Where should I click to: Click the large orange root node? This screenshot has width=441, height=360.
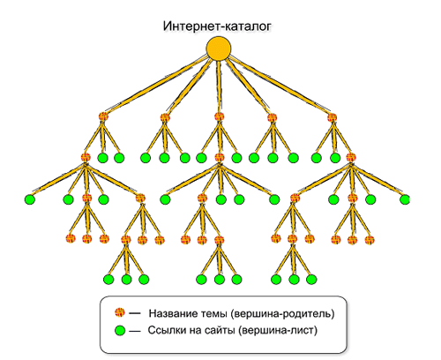point(219,49)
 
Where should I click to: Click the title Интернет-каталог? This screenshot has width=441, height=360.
point(217,26)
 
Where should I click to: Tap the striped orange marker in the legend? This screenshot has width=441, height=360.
point(120,312)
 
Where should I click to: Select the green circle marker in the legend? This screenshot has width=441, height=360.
point(120,331)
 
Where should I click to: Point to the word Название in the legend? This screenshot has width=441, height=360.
point(173,313)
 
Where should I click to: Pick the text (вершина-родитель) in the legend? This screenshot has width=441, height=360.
point(282,314)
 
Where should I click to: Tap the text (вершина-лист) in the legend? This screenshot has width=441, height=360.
point(278,331)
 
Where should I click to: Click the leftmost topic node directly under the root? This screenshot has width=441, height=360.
point(103,117)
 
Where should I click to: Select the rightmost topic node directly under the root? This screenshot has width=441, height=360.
point(333,117)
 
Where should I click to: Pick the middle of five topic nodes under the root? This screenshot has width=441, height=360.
point(219,117)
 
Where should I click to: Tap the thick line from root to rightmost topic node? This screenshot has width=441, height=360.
point(279,86)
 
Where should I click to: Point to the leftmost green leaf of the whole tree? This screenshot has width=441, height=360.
point(30,199)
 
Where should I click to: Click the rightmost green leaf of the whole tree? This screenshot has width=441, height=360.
point(405,199)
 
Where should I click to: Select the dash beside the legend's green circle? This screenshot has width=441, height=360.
point(135,332)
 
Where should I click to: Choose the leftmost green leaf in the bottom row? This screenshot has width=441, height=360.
point(108,279)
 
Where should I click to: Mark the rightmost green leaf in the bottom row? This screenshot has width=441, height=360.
point(311,279)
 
